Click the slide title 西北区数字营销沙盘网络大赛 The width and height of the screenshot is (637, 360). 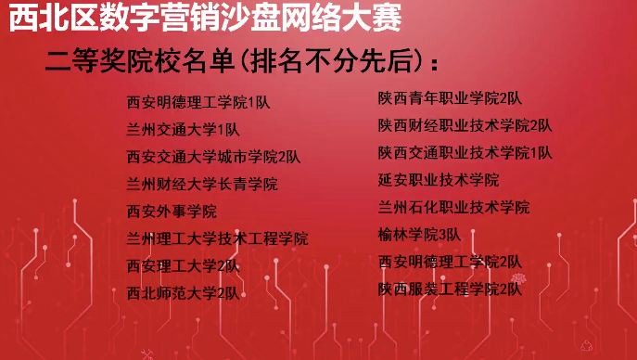pos(206,18)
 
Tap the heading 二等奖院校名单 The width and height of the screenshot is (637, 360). pos(140,62)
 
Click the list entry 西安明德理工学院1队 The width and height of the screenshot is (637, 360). pos(198,102)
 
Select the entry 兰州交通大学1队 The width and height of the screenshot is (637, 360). pos(184,130)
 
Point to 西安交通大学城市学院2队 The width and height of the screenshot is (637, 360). pos(213,157)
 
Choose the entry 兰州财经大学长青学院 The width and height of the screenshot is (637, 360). pos(202,184)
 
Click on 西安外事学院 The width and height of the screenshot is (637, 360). pos(172,212)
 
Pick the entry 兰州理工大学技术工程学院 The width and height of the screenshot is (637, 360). pos(217,238)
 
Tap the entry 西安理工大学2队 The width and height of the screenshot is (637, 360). pos(184,266)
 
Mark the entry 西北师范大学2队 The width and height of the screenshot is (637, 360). pos(184,293)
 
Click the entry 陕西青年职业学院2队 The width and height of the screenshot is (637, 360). pos(450,98)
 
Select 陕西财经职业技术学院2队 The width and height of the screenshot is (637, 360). pos(465,125)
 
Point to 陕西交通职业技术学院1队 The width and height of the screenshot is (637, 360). pos(465,153)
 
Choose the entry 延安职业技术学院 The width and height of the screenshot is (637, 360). pos(439,180)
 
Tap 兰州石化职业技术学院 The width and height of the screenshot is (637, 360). pos(453,207)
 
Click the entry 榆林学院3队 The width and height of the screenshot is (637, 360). pos(419,235)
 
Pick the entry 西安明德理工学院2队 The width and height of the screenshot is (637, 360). pos(450,262)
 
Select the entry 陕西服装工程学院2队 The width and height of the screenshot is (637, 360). pos(450,289)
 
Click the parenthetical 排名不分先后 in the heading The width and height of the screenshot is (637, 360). pos(334,62)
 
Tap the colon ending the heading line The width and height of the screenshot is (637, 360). pos(434,64)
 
